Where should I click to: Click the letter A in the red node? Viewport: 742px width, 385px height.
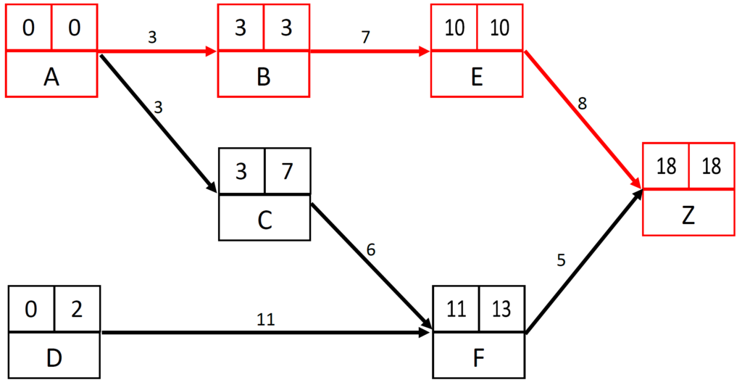[51, 75]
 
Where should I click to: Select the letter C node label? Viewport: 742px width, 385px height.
[264, 219]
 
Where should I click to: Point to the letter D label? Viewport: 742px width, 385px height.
[53, 358]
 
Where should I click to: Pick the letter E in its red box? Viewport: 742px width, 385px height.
[477, 75]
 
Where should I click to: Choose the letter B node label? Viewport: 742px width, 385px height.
[264, 75]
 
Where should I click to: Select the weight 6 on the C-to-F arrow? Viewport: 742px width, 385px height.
[371, 250]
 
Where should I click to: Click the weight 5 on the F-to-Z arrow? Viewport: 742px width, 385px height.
[561, 259]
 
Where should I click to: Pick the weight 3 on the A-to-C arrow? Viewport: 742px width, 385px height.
[159, 108]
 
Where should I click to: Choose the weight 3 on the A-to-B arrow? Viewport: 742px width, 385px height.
[151, 37]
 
